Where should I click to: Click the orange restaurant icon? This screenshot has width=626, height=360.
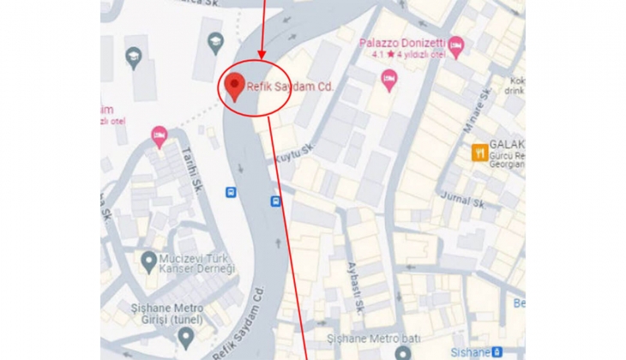[480, 153]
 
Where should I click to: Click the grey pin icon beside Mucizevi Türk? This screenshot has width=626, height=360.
[149, 260]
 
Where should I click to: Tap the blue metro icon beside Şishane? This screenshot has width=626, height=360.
[498, 351]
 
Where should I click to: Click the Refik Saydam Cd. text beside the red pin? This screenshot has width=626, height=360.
[289, 87]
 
